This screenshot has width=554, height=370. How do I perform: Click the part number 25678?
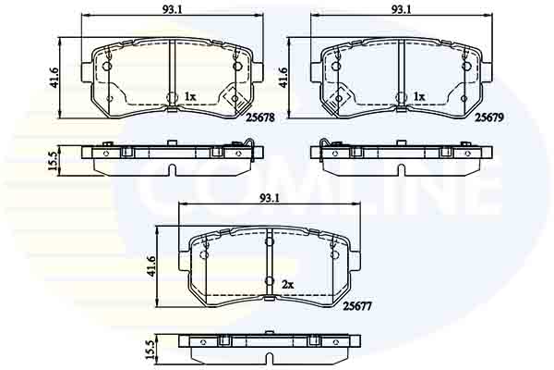tap(260, 117)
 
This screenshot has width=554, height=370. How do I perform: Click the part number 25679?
tap(489, 117)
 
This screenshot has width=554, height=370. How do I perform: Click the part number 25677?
tap(357, 306)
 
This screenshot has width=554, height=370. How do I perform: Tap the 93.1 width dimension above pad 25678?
tap(172, 9)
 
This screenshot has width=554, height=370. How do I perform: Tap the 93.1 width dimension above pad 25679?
tap(401, 9)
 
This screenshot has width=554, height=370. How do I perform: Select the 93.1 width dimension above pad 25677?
tap(270, 198)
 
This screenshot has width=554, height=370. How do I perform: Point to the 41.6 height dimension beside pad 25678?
tap(54, 78)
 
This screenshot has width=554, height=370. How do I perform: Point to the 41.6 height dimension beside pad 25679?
tap(283, 78)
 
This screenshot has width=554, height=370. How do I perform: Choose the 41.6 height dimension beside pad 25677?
tap(151, 265)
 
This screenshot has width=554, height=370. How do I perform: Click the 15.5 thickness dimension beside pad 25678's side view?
tap(53, 161)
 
